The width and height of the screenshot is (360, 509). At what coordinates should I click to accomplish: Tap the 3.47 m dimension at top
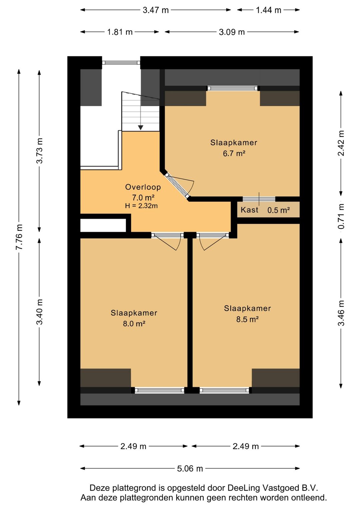coord(156,10)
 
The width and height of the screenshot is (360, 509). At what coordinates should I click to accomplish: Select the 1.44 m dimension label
coord(268,10)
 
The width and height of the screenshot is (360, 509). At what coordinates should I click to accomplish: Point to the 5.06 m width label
coord(190,468)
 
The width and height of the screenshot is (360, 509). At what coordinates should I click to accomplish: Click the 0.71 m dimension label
coord(341,216)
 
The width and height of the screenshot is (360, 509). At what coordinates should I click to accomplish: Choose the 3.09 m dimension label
coord(232,32)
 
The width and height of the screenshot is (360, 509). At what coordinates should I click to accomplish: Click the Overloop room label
coord(143,187)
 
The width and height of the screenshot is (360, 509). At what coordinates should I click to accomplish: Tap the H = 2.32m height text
coord(141,206)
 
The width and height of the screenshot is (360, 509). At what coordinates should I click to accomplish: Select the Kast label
coord(249,210)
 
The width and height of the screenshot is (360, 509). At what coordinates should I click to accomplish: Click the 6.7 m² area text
coord(234,154)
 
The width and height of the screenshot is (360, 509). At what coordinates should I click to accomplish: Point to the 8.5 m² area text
coord(247,319)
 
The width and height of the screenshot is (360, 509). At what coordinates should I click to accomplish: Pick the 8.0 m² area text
coord(134,323)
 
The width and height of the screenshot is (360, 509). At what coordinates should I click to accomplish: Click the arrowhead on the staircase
coord(141,128)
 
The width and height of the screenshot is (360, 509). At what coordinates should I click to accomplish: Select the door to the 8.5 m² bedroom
coord(213,241)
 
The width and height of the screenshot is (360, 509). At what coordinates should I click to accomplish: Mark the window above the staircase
coord(121,62)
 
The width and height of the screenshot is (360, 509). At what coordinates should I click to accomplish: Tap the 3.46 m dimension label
coord(341,313)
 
